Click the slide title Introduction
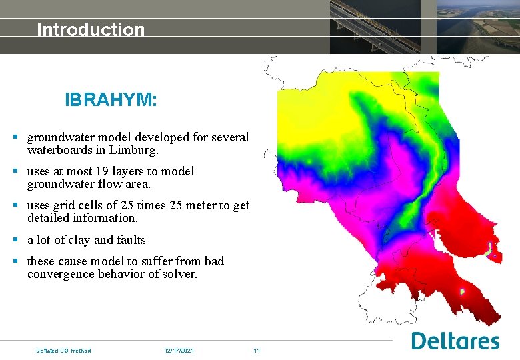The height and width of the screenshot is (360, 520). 91,29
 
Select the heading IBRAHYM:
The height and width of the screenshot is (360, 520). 111,100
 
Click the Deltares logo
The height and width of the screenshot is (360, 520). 455,341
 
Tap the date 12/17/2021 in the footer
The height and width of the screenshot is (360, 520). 179,351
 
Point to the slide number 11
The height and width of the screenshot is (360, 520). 257,351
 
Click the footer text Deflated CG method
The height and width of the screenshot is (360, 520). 63,351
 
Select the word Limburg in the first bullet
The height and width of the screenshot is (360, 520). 134,151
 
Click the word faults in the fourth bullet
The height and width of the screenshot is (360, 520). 131,240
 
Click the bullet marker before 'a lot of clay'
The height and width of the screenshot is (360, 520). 15,240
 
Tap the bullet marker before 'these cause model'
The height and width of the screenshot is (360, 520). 15,261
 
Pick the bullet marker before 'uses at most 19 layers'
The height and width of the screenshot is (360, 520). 15,171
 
